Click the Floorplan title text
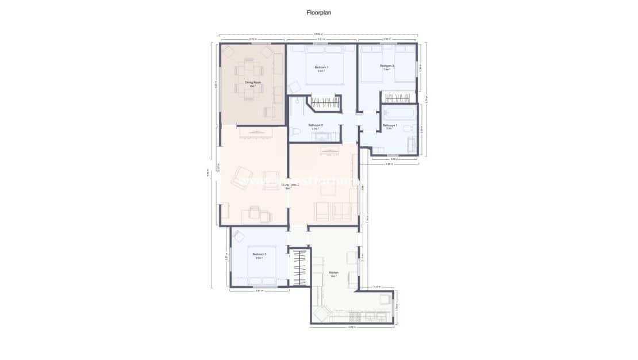click(319, 12)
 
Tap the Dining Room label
click(249, 83)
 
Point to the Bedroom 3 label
click(387, 66)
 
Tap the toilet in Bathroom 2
click(295, 132)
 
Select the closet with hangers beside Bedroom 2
click(299, 267)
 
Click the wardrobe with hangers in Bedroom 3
click(398, 98)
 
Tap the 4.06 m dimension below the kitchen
click(352, 328)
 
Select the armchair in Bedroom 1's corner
click(293, 87)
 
